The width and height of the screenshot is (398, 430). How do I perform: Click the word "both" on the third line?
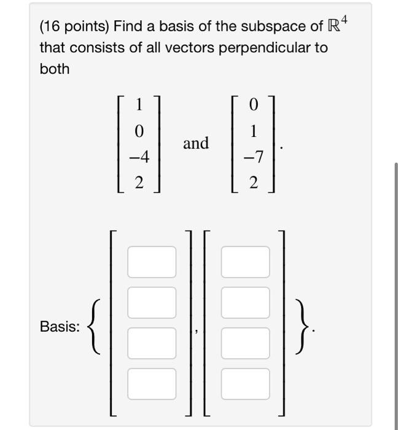pos(55,69)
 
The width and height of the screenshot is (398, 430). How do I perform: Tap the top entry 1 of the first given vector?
pos(139,105)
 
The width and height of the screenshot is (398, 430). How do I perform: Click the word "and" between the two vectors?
pos(196,143)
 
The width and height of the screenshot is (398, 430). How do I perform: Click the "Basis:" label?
pos(60,327)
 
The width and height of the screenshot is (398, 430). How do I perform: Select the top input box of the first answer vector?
pos(152,261)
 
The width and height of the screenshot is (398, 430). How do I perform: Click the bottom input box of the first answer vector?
pos(152,383)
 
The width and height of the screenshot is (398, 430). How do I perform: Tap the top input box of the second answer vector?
pos(245,261)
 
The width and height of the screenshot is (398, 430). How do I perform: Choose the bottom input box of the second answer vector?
pos(245,383)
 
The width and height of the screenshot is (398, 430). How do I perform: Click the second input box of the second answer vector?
pos(245,302)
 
